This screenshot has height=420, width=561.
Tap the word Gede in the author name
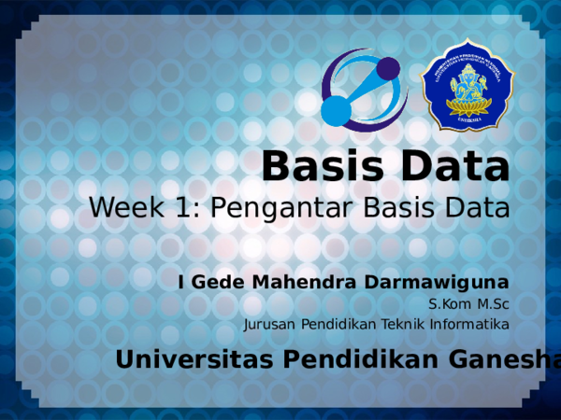[x=210, y=281]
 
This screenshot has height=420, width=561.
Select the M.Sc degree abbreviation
[x=493, y=304]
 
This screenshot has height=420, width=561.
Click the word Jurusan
[x=268, y=325]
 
